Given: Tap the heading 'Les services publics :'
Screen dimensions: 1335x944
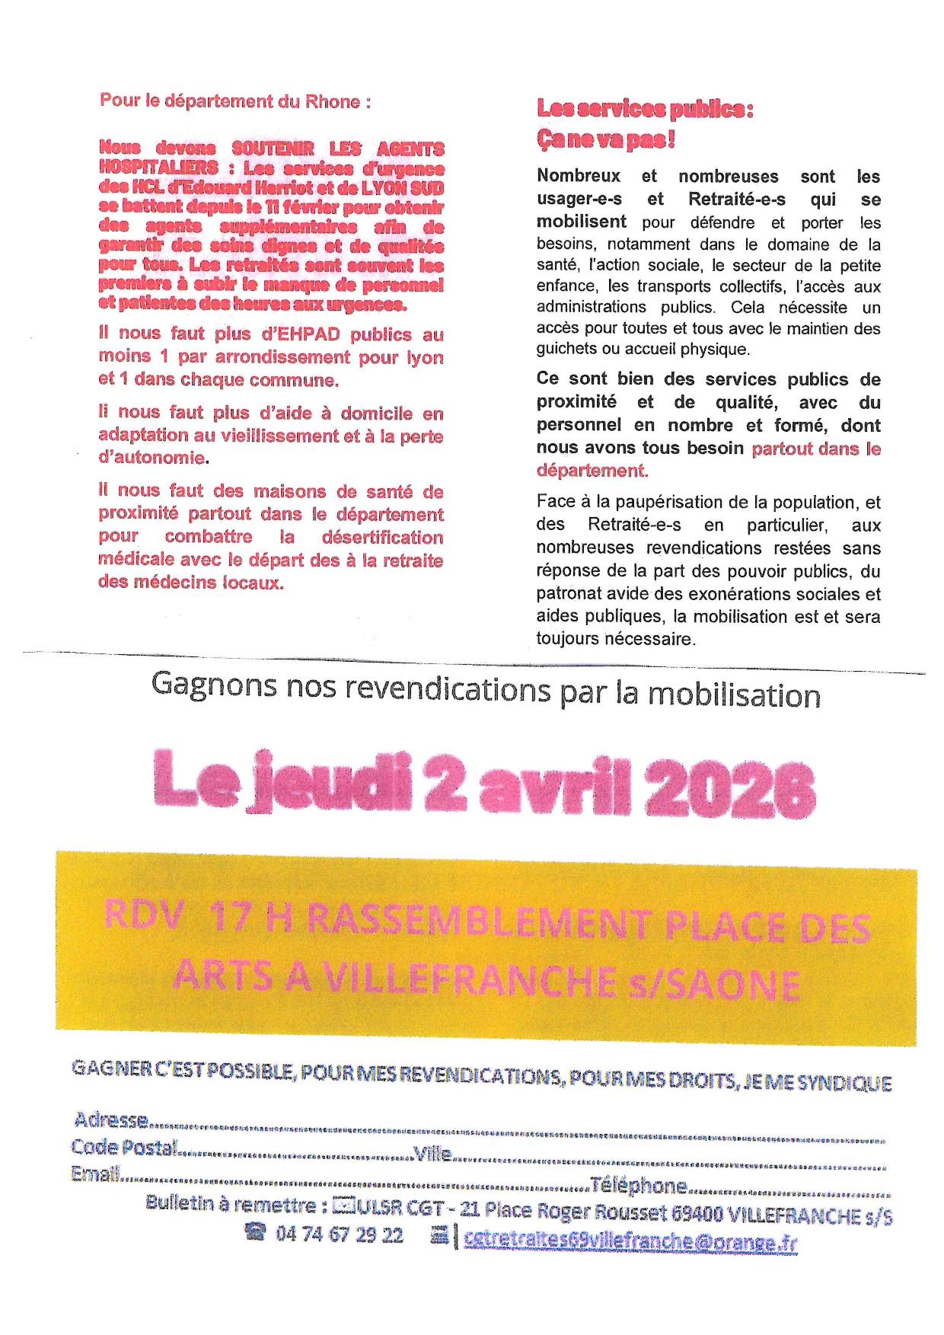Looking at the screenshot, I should [645, 110].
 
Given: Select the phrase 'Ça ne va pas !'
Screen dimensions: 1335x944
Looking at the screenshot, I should [605, 140].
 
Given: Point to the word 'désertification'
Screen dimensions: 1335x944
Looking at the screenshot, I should [382, 537].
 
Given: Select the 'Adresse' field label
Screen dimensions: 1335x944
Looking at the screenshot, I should [110, 1119].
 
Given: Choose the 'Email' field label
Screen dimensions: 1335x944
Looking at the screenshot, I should [95, 1174].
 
